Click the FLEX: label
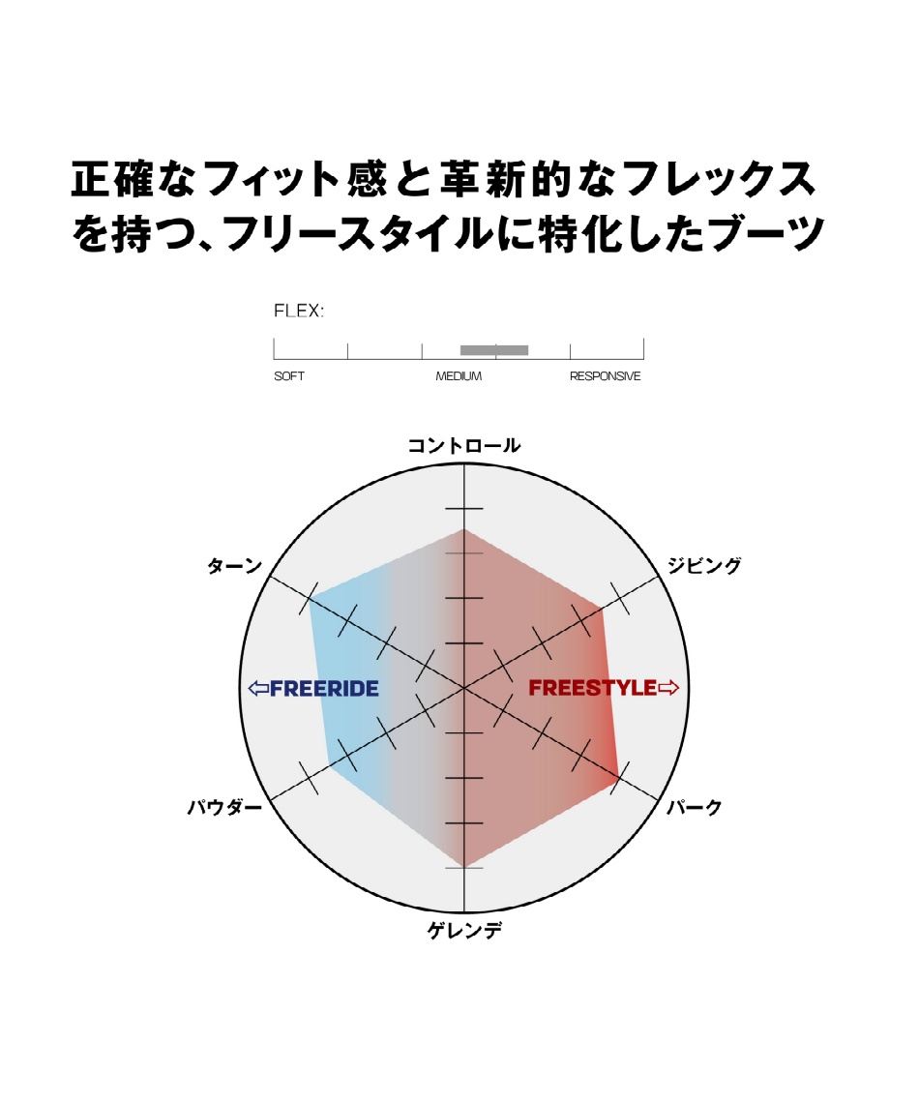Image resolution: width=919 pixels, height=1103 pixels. point(299,311)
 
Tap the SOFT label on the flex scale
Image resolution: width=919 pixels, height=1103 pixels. point(289,376)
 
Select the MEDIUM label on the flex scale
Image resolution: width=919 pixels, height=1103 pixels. point(459,376)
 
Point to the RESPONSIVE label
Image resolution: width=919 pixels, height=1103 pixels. point(605,376)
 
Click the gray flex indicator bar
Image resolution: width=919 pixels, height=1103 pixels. point(494,350)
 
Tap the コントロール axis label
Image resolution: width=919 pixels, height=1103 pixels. point(464,445)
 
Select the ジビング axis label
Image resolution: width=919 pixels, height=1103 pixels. point(704,566)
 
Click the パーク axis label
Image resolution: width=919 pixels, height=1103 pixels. point(694,807)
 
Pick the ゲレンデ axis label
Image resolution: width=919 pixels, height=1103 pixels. point(464,931)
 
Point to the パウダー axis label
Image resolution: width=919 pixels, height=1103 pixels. point(224,807)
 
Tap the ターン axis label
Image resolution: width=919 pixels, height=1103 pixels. point(234,566)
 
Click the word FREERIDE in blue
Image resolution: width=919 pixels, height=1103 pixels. point(324,688)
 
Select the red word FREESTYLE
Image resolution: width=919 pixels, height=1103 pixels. point(593,688)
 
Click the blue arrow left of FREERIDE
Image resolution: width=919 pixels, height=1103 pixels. point(258,688)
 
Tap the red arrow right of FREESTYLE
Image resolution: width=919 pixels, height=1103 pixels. point(668,688)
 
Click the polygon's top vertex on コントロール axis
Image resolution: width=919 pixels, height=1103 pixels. point(464,529)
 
